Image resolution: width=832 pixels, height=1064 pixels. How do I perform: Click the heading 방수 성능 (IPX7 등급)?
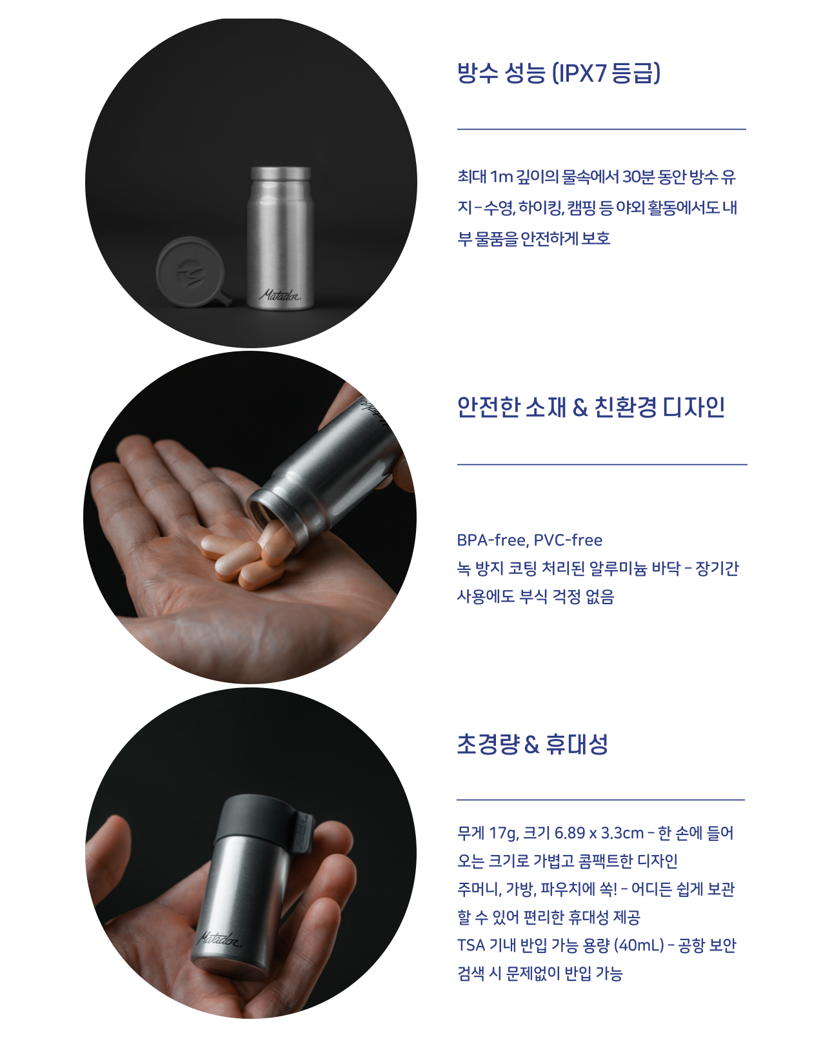pos(559,73)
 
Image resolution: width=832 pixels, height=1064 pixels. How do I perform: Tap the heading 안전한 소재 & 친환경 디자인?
pos(591,407)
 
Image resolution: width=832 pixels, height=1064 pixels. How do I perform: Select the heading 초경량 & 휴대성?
pos(532,744)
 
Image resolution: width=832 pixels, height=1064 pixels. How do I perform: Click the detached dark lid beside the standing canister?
pos(192,272)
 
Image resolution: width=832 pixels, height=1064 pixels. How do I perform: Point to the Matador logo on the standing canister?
pos(280,295)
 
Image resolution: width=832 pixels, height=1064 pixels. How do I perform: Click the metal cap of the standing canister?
pos(281,173)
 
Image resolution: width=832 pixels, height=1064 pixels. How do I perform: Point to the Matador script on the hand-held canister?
pos(219,939)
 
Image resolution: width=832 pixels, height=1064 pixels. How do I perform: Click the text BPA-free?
pos(493,540)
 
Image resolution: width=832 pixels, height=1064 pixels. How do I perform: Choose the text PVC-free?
pos(568,540)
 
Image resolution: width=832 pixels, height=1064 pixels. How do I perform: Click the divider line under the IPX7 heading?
pos(601,129)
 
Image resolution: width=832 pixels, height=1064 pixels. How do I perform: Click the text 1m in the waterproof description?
pos(501,177)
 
